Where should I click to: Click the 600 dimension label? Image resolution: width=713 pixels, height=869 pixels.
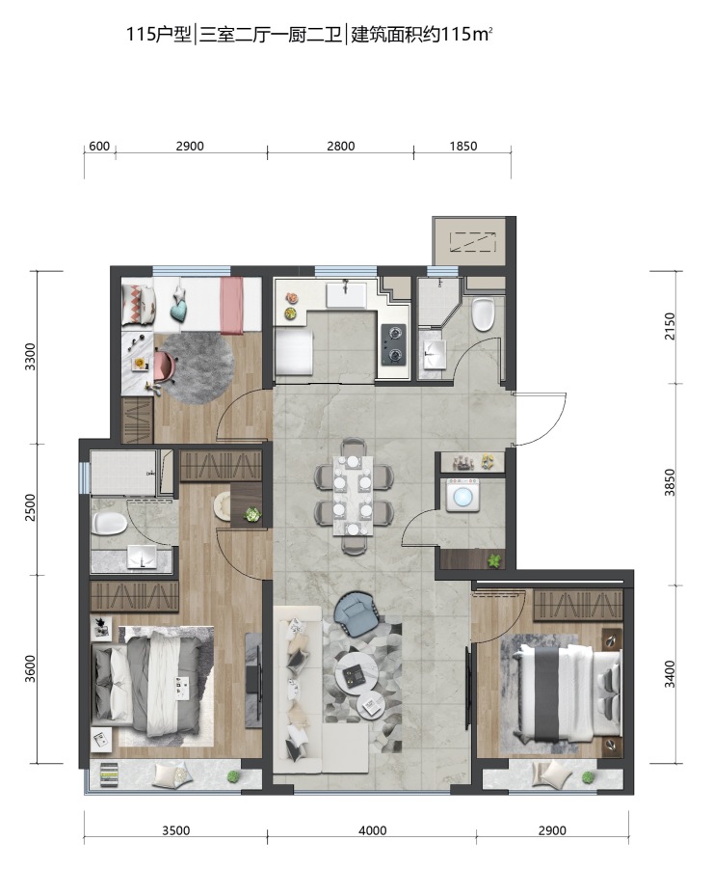[x=99, y=147]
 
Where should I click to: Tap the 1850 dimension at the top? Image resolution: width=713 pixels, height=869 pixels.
[x=462, y=147]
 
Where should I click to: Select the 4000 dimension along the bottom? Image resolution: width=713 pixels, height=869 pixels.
[x=372, y=830]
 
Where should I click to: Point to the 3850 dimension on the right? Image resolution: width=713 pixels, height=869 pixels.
[x=670, y=482]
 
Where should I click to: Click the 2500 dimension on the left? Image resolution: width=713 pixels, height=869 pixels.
[x=30, y=507]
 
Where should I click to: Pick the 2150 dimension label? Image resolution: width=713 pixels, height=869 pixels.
[x=670, y=326]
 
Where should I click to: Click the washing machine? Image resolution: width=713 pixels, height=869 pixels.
[x=462, y=495]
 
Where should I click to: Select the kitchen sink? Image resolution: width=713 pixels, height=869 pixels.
[x=346, y=294]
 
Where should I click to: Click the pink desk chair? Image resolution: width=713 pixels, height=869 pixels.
[x=165, y=366]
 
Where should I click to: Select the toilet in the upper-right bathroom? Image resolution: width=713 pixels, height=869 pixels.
[x=483, y=314]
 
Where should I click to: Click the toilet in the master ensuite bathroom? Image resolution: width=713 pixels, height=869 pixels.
[x=110, y=523]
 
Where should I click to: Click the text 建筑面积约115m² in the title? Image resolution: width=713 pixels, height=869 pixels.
[x=422, y=35]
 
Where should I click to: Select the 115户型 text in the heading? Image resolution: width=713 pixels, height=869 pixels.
[x=158, y=35]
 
